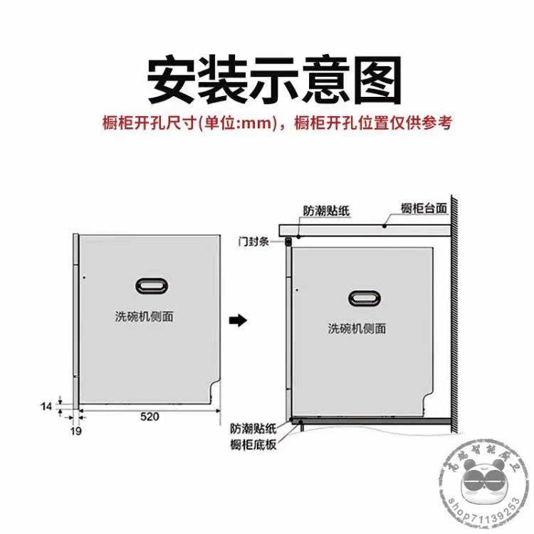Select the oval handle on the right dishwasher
[x=365, y=296]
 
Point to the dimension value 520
[x=149, y=416]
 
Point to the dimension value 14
[x=46, y=406]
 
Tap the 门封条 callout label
[x=253, y=242]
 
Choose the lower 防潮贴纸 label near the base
[x=253, y=429]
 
